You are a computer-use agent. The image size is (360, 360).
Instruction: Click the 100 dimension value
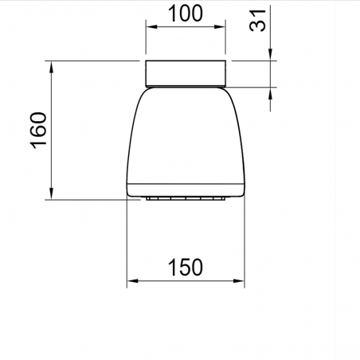point(186,13)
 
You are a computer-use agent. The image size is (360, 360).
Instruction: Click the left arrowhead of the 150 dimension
point(134,281)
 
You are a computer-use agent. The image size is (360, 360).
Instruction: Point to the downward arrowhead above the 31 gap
point(271,54)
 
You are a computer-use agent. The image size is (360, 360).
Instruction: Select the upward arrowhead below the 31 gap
point(271,93)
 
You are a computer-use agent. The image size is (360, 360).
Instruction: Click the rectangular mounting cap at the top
point(186,73)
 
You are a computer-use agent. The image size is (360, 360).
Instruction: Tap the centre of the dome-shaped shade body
point(186,139)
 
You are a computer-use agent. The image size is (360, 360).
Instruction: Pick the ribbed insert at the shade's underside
point(186,198)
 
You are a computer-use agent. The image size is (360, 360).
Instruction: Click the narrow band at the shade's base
point(186,193)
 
